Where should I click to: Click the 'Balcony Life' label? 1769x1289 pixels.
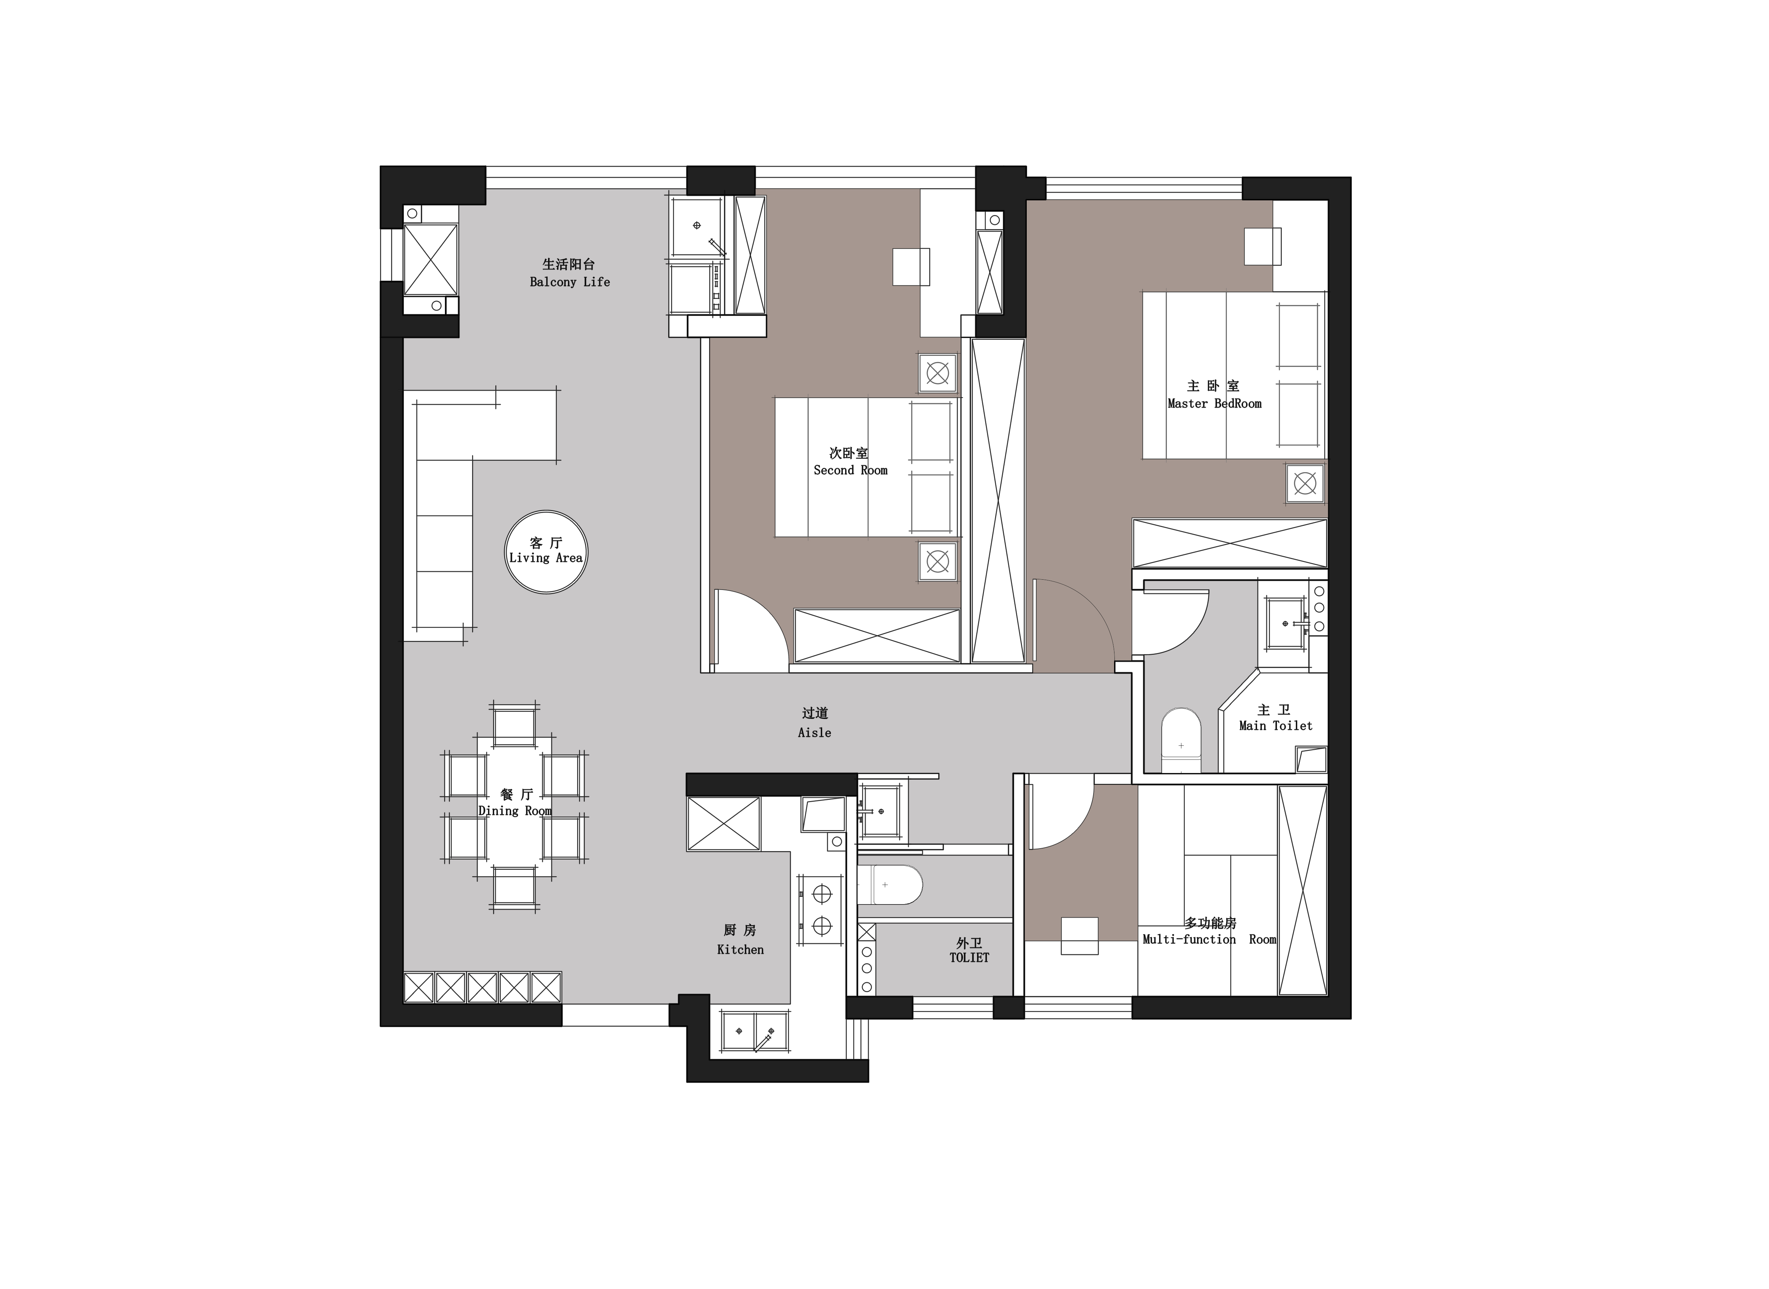pyautogui.click(x=570, y=282)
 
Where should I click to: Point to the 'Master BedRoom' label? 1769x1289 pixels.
pyautogui.click(x=1215, y=403)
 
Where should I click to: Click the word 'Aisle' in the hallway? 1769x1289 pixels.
pyautogui.click(x=814, y=733)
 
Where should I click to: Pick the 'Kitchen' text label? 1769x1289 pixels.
pyautogui.click(x=740, y=949)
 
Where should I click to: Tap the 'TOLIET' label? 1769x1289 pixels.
pyautogui.click(x=970, y=958)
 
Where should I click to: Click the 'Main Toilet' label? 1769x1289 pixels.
pyautogui.click(x=1276, y=726)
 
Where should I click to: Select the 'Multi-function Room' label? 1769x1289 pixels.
pyautogui.click(x=1209, y=939)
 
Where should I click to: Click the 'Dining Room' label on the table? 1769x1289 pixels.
pyautogui.click(x=515, y=811)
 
